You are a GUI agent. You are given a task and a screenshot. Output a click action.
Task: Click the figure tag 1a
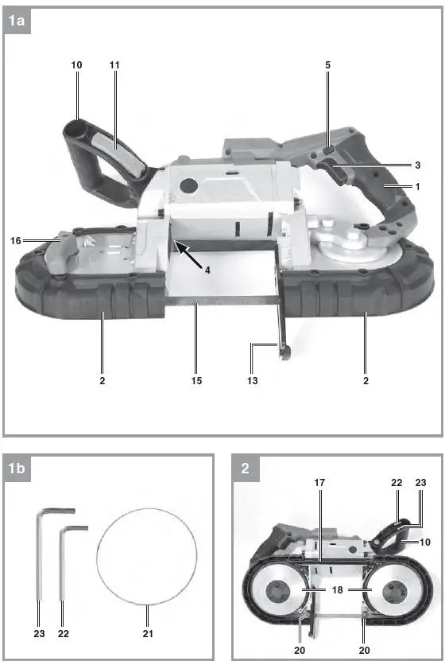click(18, 22)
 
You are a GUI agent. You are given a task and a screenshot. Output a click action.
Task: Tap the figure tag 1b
click(18, 469)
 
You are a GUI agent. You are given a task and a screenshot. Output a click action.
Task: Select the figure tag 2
click(245, 469)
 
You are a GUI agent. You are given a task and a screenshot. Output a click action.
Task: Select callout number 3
click(417, 165)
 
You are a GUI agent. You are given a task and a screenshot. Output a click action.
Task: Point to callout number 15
click(196, 380)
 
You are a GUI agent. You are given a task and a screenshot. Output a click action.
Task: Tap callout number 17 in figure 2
click(320, 482)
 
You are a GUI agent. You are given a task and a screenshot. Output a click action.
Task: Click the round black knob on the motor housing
click(189, 185)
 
